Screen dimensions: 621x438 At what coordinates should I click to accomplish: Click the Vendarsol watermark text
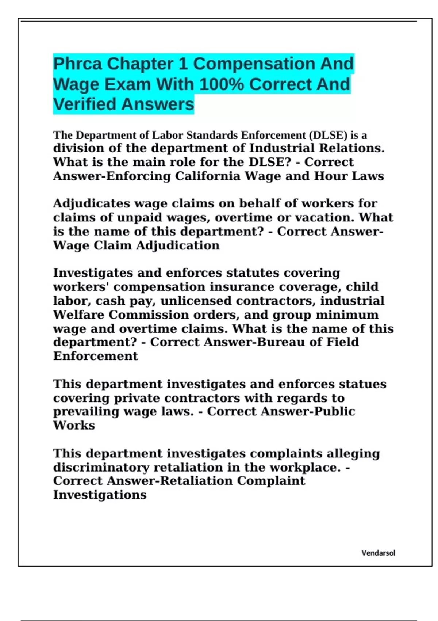(378, 553)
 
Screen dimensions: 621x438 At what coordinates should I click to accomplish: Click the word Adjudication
(178, 245)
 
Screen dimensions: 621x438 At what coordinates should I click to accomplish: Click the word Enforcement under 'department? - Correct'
(95, 356)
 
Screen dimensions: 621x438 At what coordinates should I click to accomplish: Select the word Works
(74, 426)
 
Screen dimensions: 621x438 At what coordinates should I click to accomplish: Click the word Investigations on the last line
(100, 495)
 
